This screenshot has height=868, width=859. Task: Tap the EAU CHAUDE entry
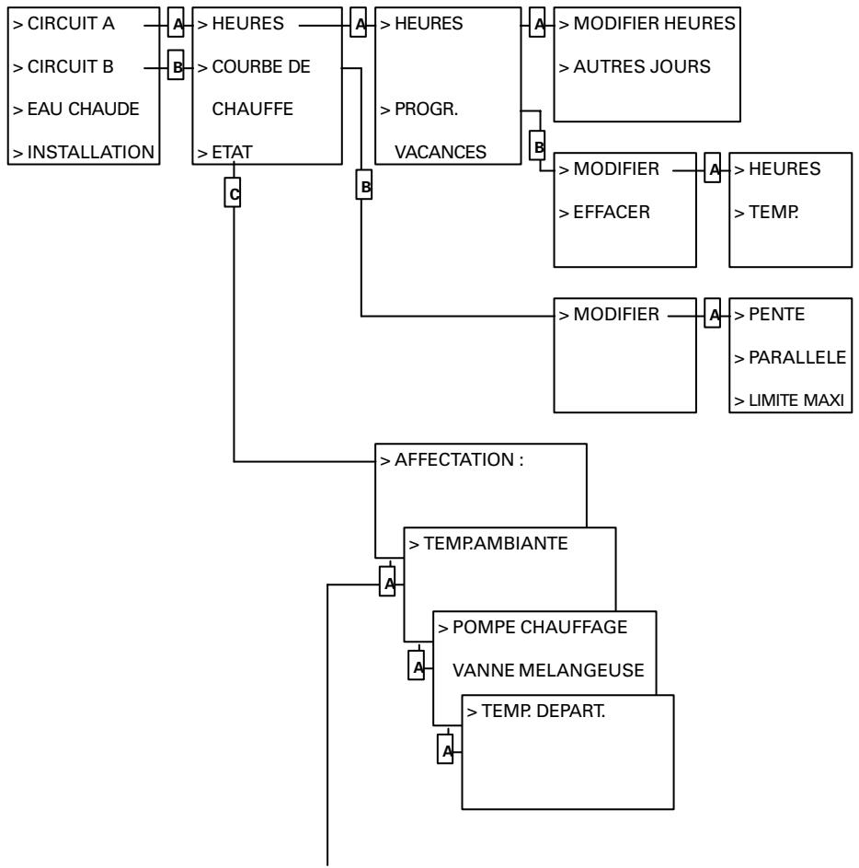tap(76, 110)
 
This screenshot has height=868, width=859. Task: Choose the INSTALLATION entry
tap(84, 152)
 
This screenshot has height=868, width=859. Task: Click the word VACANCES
tap(441, 152)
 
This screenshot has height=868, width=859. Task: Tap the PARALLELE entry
tap(789, 357)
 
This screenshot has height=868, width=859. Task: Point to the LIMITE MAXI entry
tap(788, 399)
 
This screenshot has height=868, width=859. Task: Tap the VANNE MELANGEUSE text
tap(548, 670)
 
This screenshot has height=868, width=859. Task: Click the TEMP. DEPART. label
tap(536, 712)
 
